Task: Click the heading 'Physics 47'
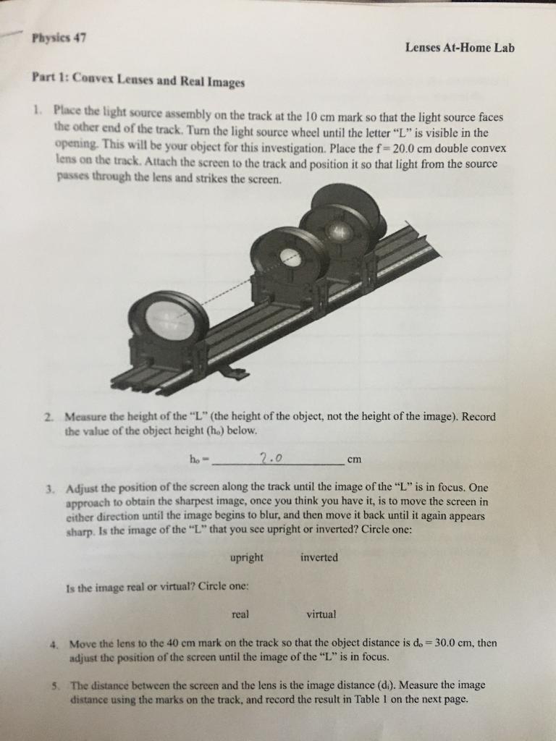coord(59,39)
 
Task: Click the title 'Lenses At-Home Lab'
coord(460,48)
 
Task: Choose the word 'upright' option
coord(246,558)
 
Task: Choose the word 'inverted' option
coord(319,558)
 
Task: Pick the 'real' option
coord(240,614)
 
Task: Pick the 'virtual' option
coord(321,614)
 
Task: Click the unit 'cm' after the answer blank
coord(354,459)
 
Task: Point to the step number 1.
coord(35,111)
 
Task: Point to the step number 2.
coord(47,418)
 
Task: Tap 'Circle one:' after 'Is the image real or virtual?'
coord(204,587)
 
